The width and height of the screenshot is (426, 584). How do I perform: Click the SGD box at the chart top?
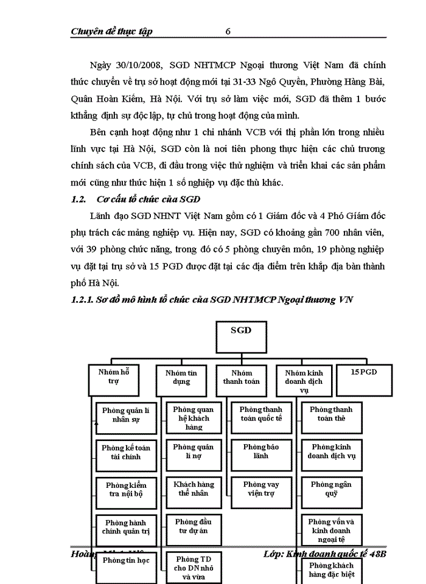pos(241,333)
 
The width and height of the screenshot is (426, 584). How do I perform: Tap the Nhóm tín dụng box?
pos(181,377)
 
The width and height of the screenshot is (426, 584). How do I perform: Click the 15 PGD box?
pos(365,374)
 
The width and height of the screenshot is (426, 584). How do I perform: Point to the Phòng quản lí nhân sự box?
pos(126,415)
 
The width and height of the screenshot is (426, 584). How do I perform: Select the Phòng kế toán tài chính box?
pos(126,452)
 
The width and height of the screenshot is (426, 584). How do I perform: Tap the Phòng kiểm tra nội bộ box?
pos(126,489)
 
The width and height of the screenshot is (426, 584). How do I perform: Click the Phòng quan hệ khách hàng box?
pos(194,418)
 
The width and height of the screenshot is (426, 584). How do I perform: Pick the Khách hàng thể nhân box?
pos(194,489)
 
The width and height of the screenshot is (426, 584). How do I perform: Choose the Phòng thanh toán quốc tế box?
pos(261,414)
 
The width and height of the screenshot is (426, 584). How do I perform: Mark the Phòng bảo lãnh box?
pos(261,451)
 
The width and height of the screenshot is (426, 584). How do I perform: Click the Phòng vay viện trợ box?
pos(261,489)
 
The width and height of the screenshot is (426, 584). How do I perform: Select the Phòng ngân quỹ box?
pos(331,489)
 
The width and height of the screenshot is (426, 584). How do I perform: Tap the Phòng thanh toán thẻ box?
pos(331,414)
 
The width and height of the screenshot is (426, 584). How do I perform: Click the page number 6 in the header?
pos(228,31)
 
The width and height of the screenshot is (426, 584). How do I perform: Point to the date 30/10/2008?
pos(136,64)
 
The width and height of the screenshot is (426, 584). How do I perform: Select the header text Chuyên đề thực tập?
pos(111,31)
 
